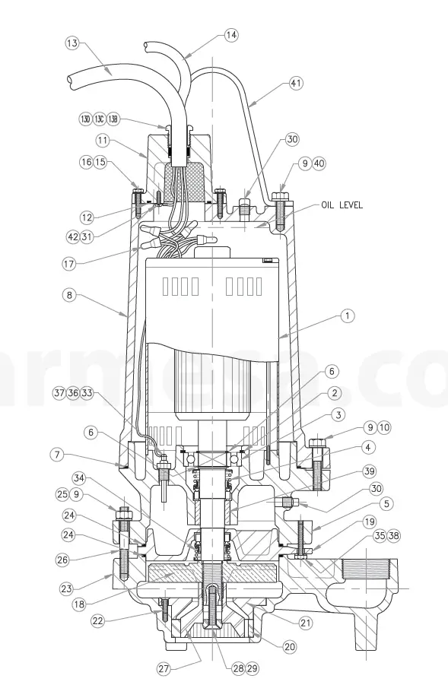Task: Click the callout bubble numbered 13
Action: [x=71, y=43]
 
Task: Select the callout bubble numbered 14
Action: [x=231, y=34]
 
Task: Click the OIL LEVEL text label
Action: [x=342, y=205]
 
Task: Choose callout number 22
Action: [x=99, y=621]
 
